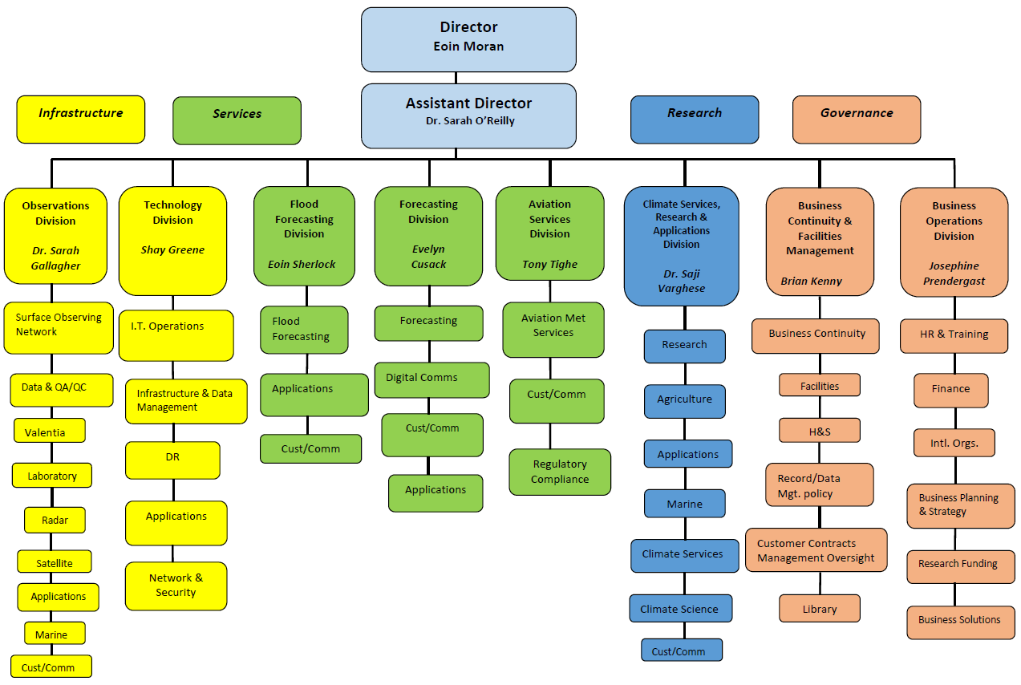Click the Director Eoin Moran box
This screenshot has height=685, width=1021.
(468, 39)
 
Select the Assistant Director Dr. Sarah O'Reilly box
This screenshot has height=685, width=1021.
(468, 116)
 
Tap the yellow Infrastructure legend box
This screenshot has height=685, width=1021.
(81, 120)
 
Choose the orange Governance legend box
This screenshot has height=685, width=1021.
(856, 120)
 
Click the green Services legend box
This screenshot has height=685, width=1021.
(237, 120)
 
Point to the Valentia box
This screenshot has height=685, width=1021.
(49, 431)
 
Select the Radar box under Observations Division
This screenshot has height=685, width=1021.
(55, 520)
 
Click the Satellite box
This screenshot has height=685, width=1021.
(55, 562)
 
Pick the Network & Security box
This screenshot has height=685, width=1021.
(176, 586)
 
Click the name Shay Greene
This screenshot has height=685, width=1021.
(172, 250)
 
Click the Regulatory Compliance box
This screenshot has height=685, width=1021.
(559, 472)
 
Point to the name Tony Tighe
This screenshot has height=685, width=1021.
(549, 265)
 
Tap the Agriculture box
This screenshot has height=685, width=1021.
(684, 400)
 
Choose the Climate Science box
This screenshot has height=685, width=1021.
(680, 608)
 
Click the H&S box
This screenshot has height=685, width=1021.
(819, 431)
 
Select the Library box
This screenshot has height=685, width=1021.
(819, 609)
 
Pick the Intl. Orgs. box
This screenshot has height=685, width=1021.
(954, 443)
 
